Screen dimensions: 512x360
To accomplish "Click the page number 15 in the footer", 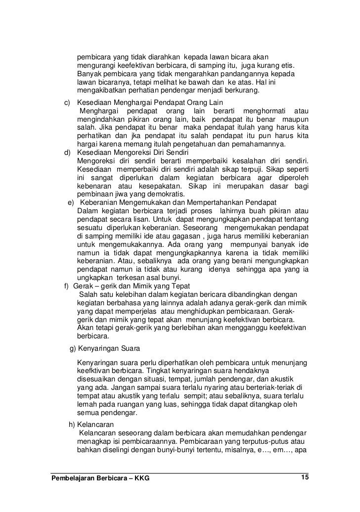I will [x=304, y=477].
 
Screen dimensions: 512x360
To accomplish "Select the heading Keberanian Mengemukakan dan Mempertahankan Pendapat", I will [x=178, y=202].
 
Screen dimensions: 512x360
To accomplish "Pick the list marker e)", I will [x=71, y=202].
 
